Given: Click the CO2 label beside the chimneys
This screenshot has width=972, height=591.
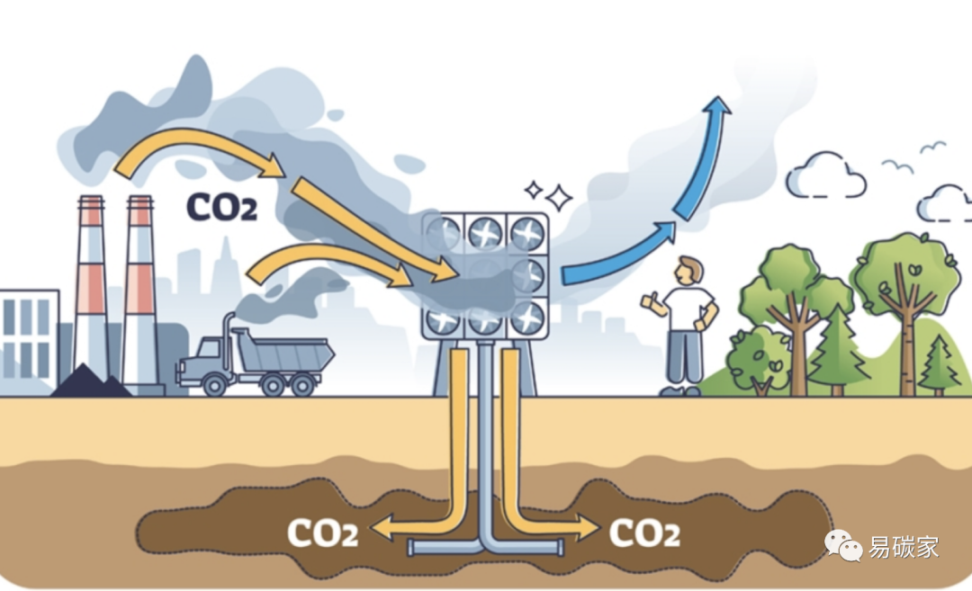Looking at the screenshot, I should tap(221, 206).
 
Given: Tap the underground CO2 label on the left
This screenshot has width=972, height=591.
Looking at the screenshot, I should tap(322, 533).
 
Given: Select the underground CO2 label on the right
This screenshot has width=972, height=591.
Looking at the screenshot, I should tap(644, 533).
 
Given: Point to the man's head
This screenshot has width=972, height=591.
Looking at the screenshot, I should tap(688, 269).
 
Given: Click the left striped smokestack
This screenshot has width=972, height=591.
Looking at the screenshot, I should tap(91, 288).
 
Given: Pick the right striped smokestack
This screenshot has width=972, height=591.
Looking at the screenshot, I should tap(140, 288).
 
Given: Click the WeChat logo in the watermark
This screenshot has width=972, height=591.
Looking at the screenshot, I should tap(845, 544).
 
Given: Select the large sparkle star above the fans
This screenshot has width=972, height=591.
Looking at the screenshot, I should tap(559, 197).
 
